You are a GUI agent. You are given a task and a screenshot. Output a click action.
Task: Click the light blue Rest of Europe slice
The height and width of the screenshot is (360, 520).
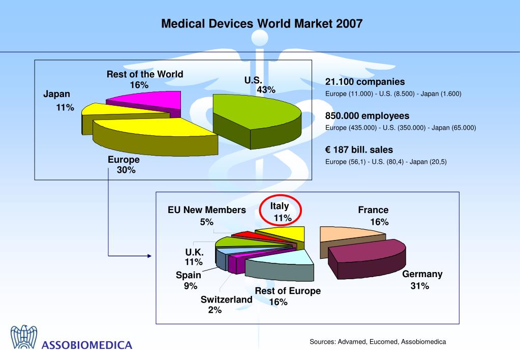coord(285,257)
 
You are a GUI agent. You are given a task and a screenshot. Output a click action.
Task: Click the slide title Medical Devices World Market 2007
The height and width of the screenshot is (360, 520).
coord(262,24)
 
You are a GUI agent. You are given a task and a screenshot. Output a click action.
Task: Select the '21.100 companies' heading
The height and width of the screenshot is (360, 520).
coord(365,82)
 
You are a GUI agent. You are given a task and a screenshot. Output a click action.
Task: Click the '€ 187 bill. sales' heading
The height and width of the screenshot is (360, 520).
coord(359,150)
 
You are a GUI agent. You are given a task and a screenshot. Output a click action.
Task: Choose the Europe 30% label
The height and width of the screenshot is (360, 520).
coord(124,165)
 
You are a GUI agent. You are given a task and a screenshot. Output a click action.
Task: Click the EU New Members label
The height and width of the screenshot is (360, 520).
coord(207,210)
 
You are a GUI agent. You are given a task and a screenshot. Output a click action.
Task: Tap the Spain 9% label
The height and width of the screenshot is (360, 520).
coord(189,280)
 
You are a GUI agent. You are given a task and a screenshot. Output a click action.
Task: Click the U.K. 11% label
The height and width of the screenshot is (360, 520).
coord(194,257)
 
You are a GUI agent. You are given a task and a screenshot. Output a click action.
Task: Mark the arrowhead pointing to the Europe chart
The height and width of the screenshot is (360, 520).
coord(149,256)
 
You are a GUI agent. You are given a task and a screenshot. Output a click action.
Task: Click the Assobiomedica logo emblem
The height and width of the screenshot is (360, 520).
coord(24,337)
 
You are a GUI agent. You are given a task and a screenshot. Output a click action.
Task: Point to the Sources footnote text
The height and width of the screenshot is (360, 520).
coord(378,342)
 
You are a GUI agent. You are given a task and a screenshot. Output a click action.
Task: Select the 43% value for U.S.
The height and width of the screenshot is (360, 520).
coord(266,90)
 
